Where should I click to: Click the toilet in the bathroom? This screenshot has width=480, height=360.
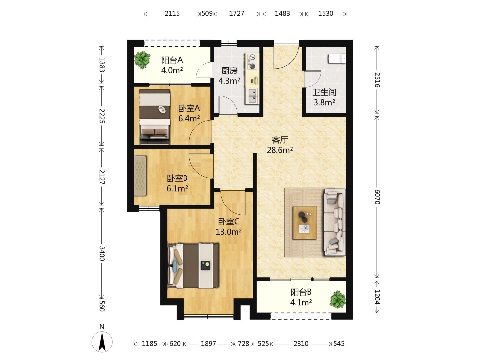[337, 59]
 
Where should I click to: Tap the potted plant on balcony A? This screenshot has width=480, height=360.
[142, 59]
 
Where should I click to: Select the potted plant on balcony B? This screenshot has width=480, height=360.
[338, 299]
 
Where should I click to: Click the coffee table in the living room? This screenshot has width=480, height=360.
[305, 223]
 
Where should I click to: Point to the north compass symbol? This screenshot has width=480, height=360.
[102, 342]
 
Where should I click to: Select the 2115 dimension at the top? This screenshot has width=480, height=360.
[172, 14]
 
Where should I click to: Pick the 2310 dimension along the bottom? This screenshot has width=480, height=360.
[301, 344]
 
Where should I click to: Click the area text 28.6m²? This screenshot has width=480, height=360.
[280, 150]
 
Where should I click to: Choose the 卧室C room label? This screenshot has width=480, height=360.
[229, 222]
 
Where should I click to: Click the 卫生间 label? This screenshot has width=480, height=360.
[324, 92]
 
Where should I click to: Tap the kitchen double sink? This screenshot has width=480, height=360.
[253, 96]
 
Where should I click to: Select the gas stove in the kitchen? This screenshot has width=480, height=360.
[252, 61]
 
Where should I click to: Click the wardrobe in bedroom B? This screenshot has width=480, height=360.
[140, 176]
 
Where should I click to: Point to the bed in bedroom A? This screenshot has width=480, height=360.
[155, 117]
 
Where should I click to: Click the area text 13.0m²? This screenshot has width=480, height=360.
[229, 231]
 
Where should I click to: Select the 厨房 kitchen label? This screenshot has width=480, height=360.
[229, 71]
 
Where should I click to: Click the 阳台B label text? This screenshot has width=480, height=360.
[301, 292]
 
